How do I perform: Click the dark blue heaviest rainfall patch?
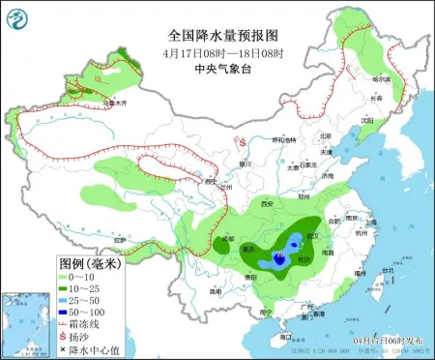[279, 258]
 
